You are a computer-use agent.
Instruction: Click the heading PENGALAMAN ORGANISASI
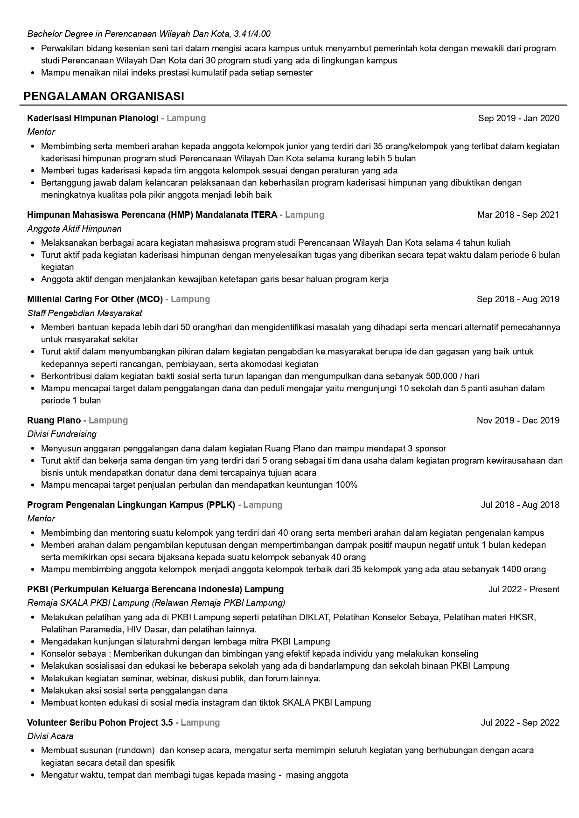point(104,97)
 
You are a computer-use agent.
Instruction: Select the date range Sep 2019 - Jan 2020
point(518,118)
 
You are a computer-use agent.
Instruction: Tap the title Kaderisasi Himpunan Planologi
point(93,118)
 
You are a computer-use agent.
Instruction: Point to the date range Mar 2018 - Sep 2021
point(518,215)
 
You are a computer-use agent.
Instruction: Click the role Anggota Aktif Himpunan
point(74,229)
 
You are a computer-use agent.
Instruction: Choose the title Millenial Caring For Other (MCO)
point(95,299)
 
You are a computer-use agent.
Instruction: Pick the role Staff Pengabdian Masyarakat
point(84,313)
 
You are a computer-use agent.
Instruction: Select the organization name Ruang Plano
point(54,421)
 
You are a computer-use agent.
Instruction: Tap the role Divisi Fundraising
point(62,434)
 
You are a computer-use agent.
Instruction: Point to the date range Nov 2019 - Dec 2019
point(518,421)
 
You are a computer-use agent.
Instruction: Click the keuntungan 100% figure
point(347,485)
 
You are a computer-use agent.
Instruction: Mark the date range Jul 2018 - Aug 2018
point(520,505)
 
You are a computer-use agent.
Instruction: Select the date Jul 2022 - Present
point(523,589)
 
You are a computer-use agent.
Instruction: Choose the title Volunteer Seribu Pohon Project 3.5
point(100,723)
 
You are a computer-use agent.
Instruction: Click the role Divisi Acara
point(50,736)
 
